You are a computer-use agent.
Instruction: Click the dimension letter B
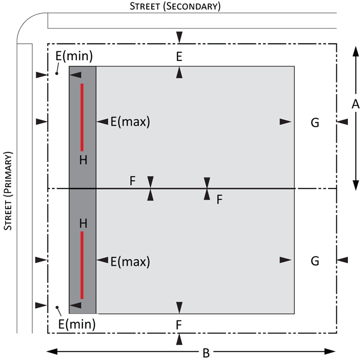[x=206, y=353]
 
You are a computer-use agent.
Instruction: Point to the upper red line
[x=82, y=117]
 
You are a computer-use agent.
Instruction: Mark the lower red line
[x=82, y=265]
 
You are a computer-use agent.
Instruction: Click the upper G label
[x=315, y=122]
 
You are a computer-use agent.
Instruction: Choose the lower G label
[x=315, y=260]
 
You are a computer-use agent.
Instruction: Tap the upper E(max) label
[x=130, y=122]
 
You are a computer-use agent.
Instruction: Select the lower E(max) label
[x=130, y=262]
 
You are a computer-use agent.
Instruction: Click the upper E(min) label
[x=74, y=56]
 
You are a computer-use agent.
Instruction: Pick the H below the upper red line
[x=83, y=160]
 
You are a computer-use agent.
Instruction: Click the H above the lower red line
[x=83, y=223]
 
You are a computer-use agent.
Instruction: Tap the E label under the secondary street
[x=179, y=57]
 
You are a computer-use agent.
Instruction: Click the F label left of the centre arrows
[x=133, y=180]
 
